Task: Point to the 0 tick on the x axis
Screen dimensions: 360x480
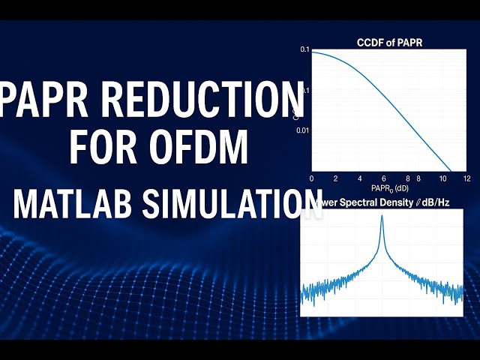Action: click(311, 178)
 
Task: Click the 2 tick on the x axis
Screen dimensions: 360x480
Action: click(337, 178)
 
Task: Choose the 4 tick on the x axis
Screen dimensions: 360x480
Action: click(362, 178)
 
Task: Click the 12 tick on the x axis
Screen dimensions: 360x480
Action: click(466, 178)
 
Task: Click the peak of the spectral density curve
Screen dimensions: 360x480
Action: click(382, 219)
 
